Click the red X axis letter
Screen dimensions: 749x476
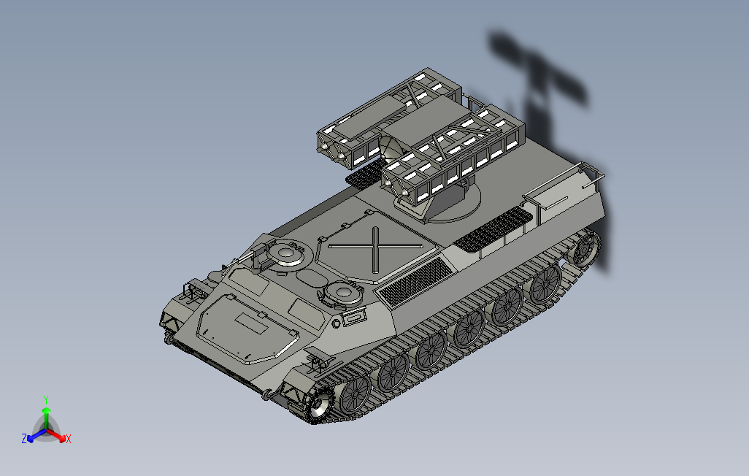(69, 439)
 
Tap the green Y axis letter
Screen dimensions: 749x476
(46, 399)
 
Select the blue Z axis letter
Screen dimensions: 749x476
(24, 438)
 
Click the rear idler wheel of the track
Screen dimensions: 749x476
(585, 247)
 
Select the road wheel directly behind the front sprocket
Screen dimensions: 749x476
(356, 393)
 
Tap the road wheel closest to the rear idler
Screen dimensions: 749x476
(545, 283)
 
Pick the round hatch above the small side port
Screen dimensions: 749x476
(342, 292)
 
